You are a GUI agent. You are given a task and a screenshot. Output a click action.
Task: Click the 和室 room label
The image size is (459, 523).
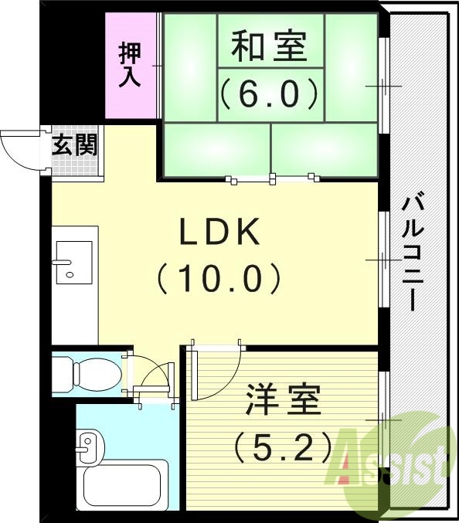pyautogui.click(x=270, y=47)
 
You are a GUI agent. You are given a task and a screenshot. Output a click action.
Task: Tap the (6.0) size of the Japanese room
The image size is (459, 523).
pyautogui.click(x=270, y=93)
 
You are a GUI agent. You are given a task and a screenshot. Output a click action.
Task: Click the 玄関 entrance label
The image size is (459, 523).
pyautogui.click(x=75, y=145)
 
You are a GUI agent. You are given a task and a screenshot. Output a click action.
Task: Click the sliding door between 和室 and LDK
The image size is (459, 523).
pyautogui.click(x=272, y=179)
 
